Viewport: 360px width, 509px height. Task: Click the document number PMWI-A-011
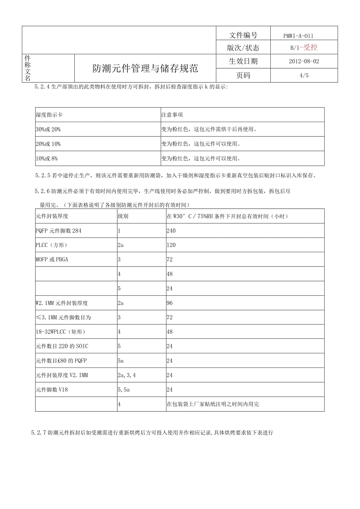click(298, 36)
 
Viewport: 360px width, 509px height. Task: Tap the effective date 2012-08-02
click(303, 61)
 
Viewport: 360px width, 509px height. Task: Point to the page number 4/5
click(303, 76)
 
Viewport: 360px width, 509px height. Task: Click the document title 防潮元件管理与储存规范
click(145, 69)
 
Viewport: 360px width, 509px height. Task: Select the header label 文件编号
click(243, 35)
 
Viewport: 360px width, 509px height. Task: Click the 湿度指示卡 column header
click(49, 115)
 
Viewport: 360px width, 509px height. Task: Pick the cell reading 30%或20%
click(48, 129)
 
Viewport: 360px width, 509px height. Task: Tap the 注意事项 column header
click(172, 115)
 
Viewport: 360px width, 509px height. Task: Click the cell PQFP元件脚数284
click(59, 231)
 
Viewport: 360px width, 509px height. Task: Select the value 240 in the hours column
click(171, 231)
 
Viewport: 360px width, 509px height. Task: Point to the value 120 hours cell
click(171, 245)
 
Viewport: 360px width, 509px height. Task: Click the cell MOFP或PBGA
click(52, 259)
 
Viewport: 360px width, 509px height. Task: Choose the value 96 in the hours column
click(169, 303)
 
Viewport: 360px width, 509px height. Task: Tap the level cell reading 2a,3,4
click(127, 375)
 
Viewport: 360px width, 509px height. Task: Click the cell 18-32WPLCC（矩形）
click(61, 332)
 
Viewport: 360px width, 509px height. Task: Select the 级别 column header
click(123, 216)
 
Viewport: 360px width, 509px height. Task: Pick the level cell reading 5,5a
click(124, 390)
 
